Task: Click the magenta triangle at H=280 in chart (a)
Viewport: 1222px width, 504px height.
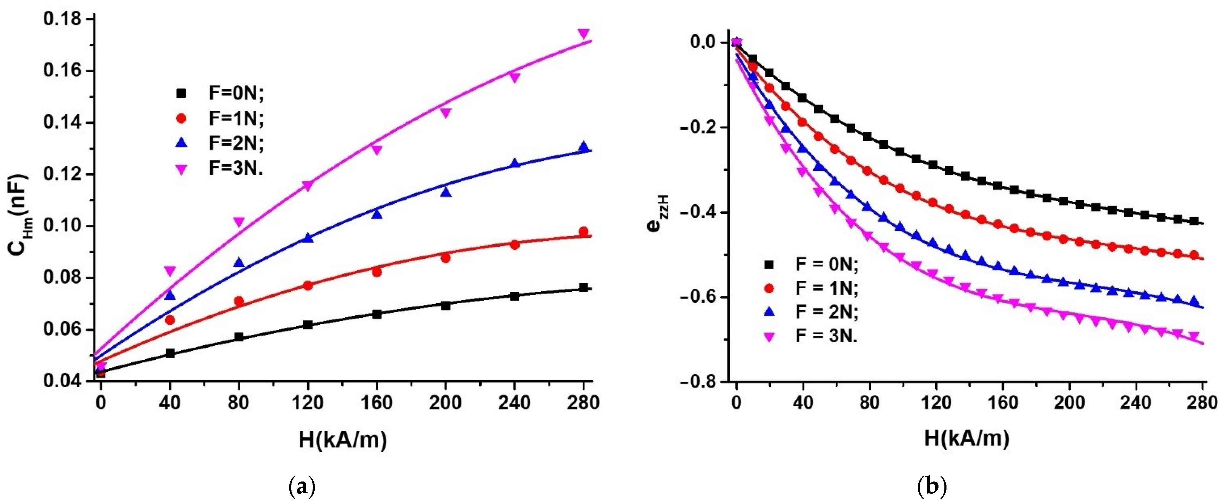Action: point(584,34)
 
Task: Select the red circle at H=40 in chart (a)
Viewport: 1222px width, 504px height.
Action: point(170,320)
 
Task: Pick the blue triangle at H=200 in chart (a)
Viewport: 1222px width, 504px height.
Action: point(446,192)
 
